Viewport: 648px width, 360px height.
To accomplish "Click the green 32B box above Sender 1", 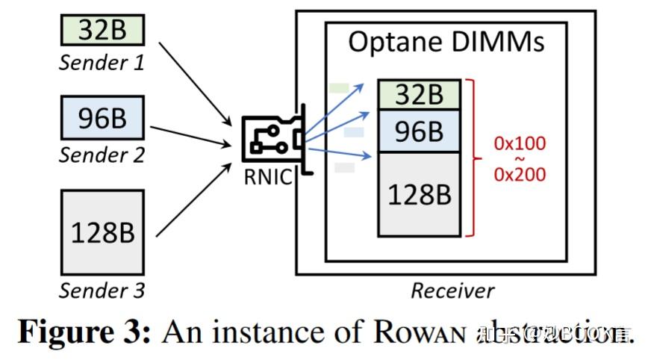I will (101, 31).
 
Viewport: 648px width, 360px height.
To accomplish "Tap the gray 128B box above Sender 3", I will (101, 233).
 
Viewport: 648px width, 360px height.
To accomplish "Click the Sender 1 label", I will (101, 63).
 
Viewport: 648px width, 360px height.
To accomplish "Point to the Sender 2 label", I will (101, 155).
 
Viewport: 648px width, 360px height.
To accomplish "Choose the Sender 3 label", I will (101, 290).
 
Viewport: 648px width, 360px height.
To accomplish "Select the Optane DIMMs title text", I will (446, 43).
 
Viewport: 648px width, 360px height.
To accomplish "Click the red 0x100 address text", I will (520, 143).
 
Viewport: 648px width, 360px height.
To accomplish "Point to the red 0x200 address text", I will (520, 175).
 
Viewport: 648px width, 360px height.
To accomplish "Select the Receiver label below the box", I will (452, 291).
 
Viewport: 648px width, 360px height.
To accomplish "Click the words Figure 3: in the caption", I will (84, 332).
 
